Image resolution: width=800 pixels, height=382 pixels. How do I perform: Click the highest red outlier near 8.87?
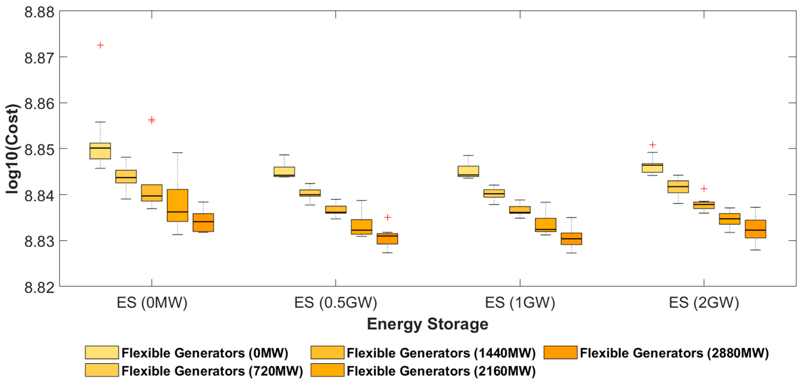coord(100,45)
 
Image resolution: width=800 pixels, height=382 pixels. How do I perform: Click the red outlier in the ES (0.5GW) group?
coord(387,217)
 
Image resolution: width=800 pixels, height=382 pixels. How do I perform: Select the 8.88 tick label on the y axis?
coord(39,13)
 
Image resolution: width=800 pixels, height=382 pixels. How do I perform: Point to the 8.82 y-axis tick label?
coord(39,287)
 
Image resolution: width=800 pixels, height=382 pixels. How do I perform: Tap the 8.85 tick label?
coord(39,150)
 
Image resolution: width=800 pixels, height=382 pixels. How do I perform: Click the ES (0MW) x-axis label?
coord(152,303)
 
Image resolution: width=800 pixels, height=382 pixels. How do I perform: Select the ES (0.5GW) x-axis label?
coord(335,303)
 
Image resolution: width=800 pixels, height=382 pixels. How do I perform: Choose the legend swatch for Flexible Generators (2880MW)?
coord(560,353)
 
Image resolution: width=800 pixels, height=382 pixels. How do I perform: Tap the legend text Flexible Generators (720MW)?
coord(212,371)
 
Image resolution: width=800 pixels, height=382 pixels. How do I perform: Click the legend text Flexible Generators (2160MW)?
coord(441,371)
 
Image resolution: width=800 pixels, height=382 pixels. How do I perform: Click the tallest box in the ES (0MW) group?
coord(177,205)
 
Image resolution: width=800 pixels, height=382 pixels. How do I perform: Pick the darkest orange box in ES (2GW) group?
coord(755,229)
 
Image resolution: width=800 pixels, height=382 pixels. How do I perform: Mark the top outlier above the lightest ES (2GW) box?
coord(653,145)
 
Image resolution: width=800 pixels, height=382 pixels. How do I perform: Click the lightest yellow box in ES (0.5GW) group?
coord(284,171)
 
